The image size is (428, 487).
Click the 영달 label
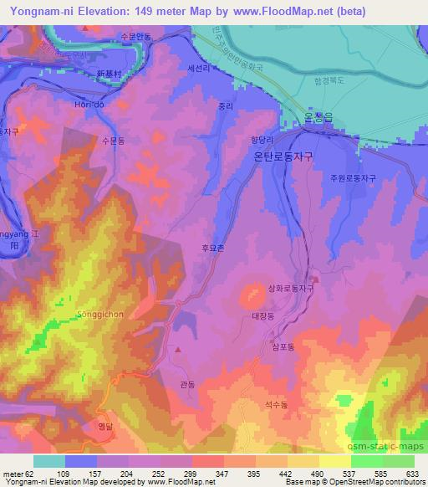pyautogui.click(x=104, y=424)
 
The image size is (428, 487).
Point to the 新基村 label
pyautogui.click(x=110, y=74)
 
